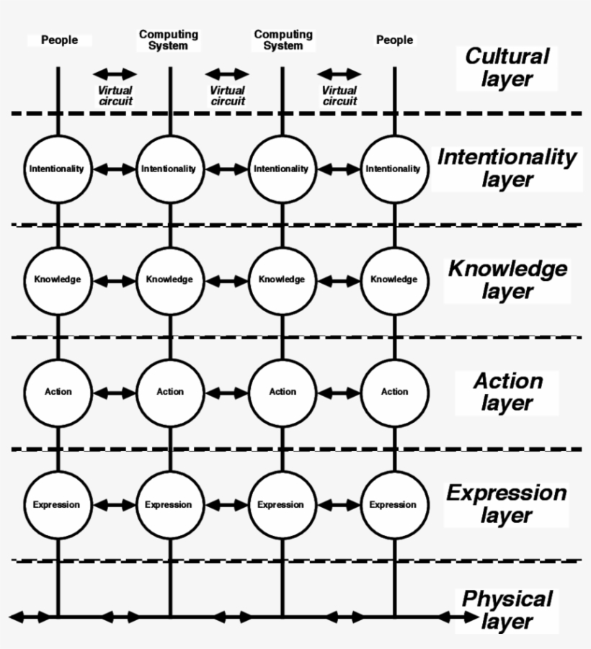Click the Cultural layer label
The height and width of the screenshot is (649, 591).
click(x=507, y=68)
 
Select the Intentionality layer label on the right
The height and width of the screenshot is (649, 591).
click(x=507, y=168)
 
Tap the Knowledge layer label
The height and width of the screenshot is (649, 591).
click(x=507, y=280)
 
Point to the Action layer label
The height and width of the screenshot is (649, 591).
click(x=507, y=392)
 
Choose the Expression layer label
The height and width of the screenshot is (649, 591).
click(x=506, y=504)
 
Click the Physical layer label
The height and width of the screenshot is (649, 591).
click(x=507, y=610)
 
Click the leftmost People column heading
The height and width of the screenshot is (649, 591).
click(x=59, y=40)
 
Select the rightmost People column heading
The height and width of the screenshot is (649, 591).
click(x=394, y=40)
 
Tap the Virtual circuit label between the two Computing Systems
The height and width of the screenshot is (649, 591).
click(x=227, y=96)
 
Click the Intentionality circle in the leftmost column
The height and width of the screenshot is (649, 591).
click(x=57, y=169)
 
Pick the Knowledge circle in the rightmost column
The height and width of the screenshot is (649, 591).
click(x=394, y=279)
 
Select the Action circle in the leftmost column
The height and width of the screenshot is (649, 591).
click(x=58, y=392)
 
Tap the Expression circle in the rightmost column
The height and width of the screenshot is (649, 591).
click(x=394, y=504)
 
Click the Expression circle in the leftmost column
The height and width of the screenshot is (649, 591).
click(x=56, y=504)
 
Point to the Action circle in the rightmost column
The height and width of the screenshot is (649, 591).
click(x=394, y=392)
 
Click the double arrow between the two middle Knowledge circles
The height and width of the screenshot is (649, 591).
click(x=226, y=279)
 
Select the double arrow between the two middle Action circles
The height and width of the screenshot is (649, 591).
click(x=226, y=393)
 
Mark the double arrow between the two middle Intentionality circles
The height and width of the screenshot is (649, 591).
click(x=226, y=169)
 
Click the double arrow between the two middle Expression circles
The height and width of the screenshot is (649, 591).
click(x=226, y=505)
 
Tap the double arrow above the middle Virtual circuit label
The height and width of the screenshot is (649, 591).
click(x=226, y=73)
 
